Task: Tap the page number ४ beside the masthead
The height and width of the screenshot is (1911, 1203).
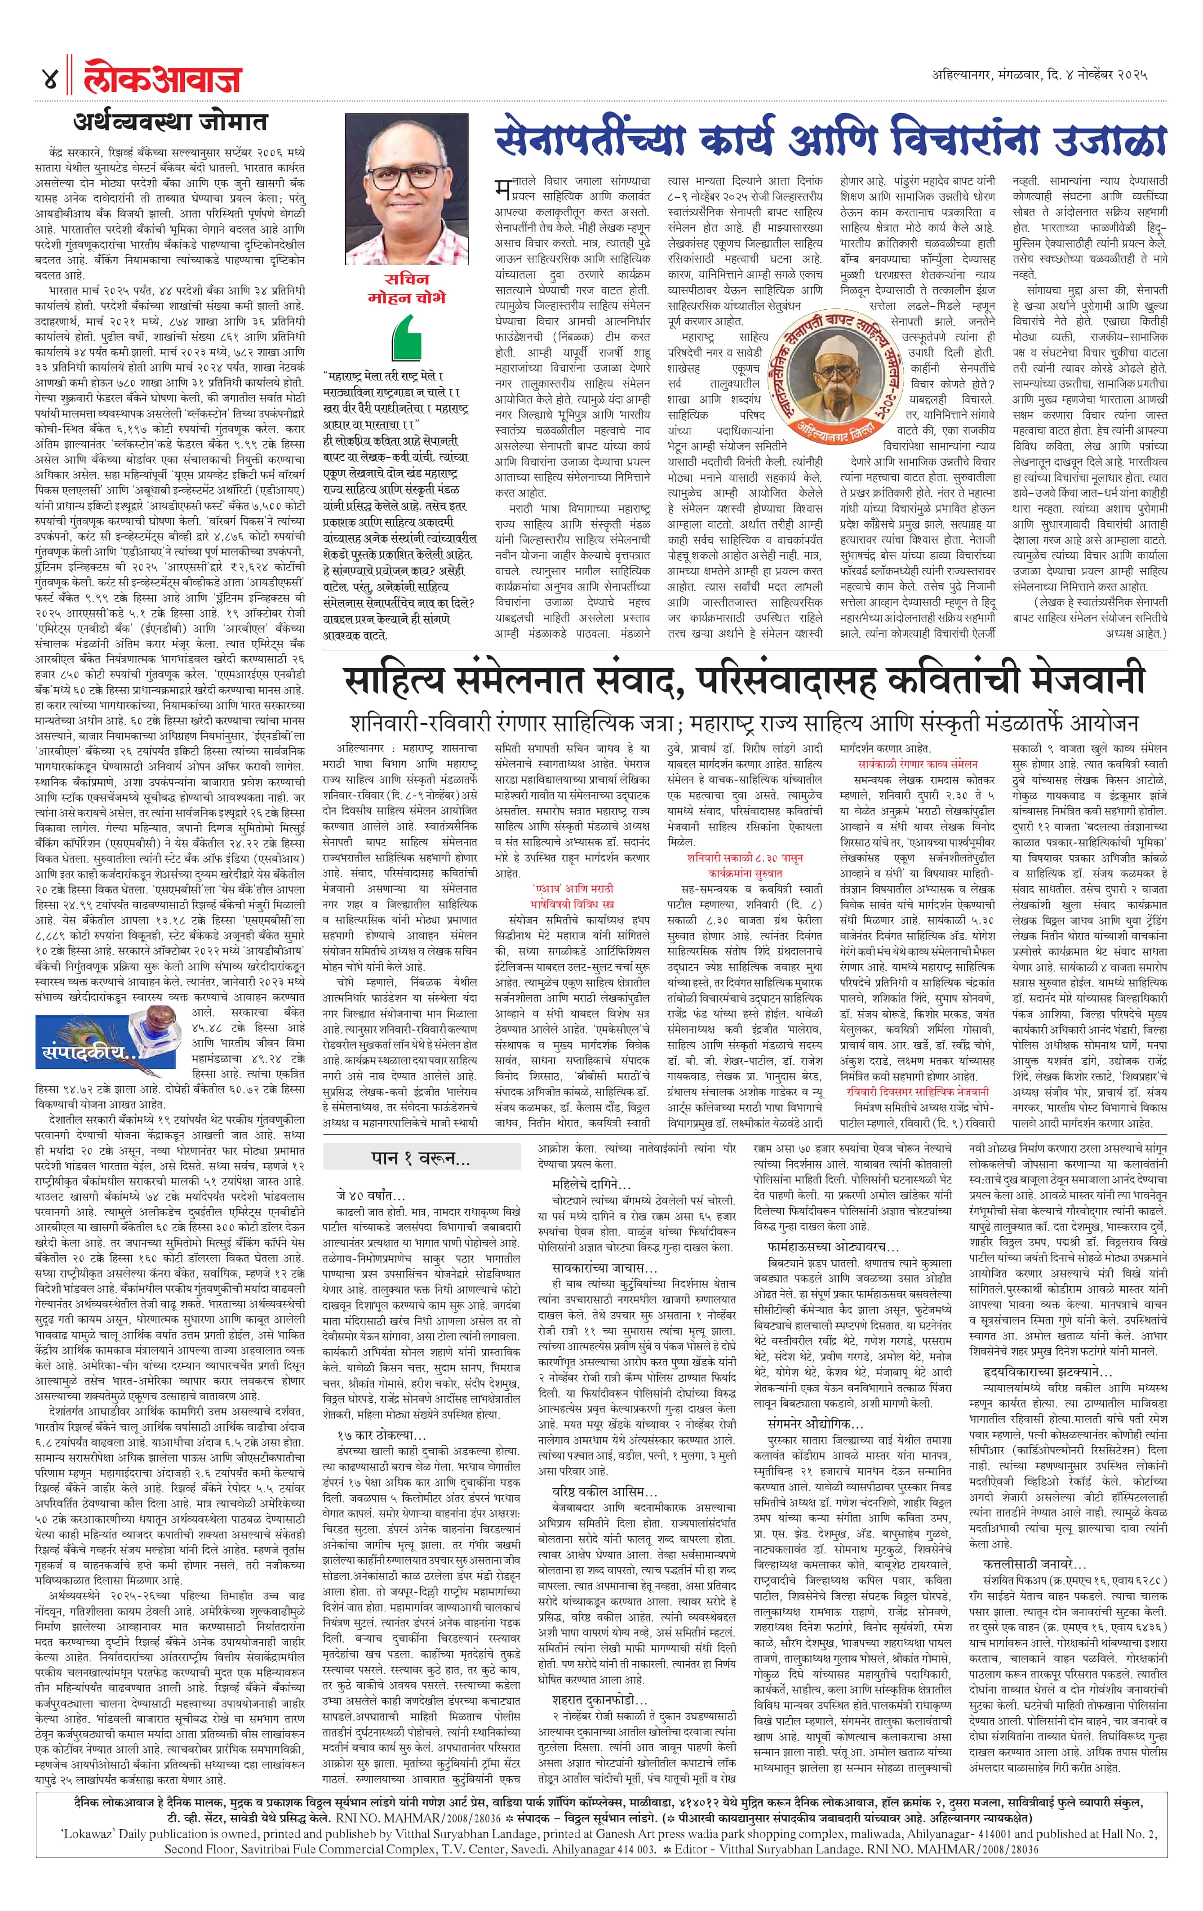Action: click(x=49, y=80)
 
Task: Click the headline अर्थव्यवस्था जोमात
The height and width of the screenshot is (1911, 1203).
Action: click(x=171, y=123)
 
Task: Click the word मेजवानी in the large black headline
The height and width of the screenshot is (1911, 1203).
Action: click(x=1059, y=680)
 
